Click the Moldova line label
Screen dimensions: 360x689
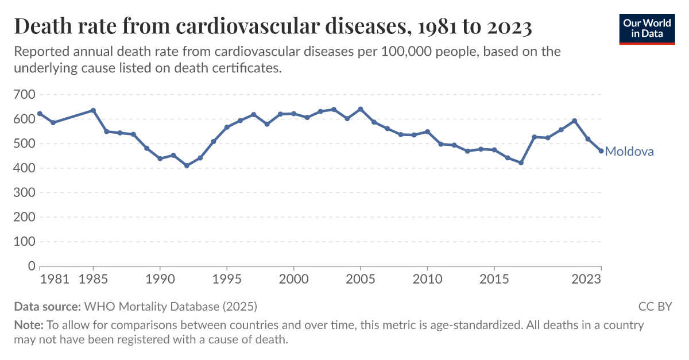tap(629, 152)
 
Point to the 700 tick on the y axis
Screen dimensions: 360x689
tap(24, 94)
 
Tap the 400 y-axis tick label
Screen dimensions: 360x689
tap(24, 168)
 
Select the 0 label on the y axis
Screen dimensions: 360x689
tap(32, 266)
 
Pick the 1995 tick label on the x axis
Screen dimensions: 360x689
tap(227, 280)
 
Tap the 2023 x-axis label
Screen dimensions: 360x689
tap(587, 280)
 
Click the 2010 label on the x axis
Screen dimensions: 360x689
tap(427, 280)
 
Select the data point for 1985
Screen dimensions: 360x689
tap(93, 110)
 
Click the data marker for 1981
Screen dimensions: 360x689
tap(40, 114)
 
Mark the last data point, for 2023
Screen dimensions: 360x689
tap(601, 151)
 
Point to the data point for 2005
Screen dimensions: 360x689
tap(361, 109)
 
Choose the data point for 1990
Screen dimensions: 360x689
tap(160, 158)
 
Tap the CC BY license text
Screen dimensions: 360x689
tap(655, 306)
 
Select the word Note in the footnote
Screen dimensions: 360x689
tap(28, 325)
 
